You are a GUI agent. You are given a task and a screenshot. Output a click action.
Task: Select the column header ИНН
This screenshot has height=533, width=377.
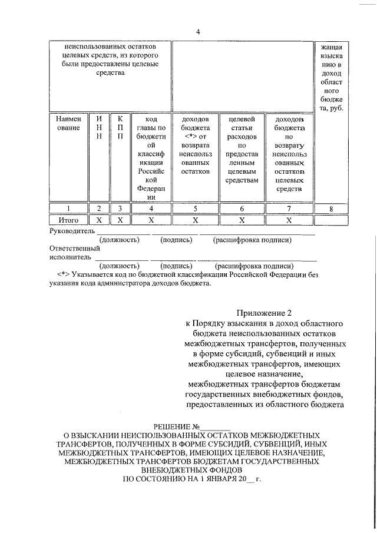(98, 128)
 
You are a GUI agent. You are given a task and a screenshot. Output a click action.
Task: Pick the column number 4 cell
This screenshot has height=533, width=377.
(151, 208)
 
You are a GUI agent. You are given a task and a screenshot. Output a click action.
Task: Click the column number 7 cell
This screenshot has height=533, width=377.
(289, 208)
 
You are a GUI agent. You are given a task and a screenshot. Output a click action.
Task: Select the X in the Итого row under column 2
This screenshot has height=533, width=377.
(98, 220)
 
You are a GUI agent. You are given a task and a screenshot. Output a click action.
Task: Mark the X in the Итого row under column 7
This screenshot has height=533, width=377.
(289, 220)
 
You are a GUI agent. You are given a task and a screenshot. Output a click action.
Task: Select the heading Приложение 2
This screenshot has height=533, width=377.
(264, 312)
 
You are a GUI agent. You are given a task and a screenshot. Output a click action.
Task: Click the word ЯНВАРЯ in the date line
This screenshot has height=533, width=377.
(211, 479)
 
